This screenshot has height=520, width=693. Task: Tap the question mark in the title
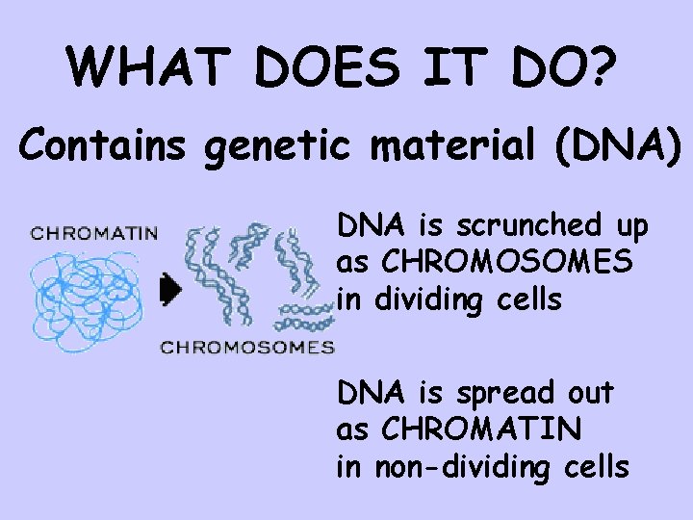[x=603, y=66]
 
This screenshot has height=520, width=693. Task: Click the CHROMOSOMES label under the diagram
[x=246, y=347]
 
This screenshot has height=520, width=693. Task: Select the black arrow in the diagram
[x=171, y=288]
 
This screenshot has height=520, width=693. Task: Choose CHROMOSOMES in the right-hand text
[x=507, y=263]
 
